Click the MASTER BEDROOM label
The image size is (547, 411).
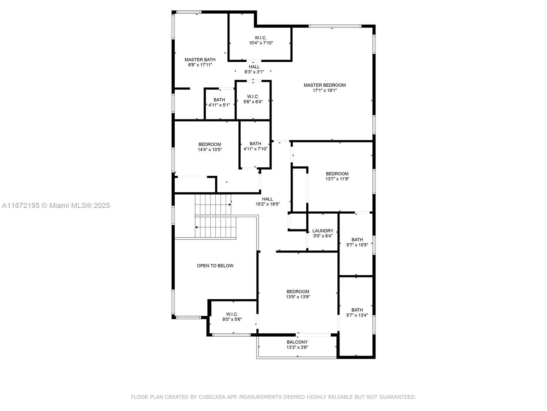[x=324, y=85]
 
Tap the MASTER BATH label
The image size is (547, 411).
[x=200, y=60]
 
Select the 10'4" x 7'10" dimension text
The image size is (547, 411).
[x=261, y=43]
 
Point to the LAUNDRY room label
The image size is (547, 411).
[x=323, y=231]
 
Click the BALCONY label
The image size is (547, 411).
[x=297, y=342]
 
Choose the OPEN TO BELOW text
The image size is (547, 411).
[x=215, y=266]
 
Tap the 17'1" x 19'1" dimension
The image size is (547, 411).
[x=324, y=90]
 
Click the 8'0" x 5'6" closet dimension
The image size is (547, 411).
[x=232, y=319]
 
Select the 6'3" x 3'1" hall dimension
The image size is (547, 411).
[x=254, y=72]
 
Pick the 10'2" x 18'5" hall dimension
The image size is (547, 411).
[x=267, y=204]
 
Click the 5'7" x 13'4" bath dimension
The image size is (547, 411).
[x=357, y=315]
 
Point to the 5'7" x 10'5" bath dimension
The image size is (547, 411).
[x=357, y=245]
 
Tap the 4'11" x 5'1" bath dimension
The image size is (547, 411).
[x=219, y=105]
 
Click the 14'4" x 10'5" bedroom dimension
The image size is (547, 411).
[x=210, y=150]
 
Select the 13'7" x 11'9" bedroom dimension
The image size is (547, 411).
[x=337, y=179]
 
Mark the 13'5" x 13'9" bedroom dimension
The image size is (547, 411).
[x=298, y=297]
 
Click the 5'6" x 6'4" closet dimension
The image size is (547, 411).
[x=253, y=102]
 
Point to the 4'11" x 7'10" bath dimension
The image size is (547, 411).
[x=255, y=149]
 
